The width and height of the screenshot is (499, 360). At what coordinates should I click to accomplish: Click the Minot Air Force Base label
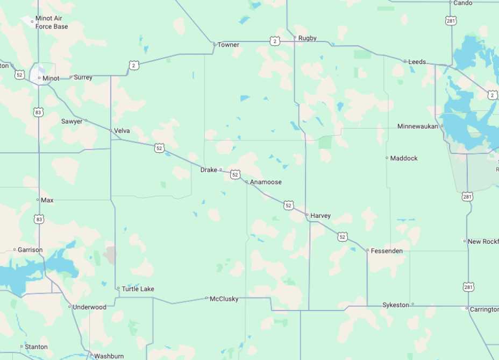click(52, 23)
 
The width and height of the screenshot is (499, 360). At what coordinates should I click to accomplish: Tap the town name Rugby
click(308, 38)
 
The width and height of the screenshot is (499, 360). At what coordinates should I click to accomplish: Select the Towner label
click(229, 45)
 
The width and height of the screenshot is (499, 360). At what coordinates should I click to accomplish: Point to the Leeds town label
click(417, 62)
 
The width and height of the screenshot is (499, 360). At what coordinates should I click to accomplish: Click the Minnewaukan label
click(418, 126)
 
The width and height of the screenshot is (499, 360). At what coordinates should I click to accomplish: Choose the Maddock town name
click(404, 158)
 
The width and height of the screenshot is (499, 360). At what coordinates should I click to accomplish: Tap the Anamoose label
click(266, 182)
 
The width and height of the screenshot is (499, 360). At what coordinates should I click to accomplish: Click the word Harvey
click(320, 216)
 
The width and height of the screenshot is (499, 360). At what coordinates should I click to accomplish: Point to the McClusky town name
click(224, 299)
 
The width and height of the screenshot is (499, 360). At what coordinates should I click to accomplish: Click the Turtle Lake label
click(138, 289)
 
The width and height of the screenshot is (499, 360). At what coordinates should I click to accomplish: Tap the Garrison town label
click(30, 250)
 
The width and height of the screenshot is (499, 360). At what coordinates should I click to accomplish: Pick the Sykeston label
click(396, 305)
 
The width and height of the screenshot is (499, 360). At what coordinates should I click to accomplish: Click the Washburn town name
click(109, 356)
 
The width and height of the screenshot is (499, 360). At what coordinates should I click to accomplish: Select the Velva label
click(122, 130)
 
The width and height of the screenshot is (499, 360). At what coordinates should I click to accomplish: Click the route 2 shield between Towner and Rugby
click(275, 41)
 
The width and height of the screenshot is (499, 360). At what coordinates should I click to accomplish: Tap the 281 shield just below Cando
click(451, 20)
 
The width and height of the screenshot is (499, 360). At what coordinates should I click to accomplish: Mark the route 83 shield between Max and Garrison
click(39, 220)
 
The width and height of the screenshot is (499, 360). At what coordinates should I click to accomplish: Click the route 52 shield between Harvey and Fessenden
click(343, 237)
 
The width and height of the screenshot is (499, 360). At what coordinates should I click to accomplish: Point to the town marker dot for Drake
click(220, 170)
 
